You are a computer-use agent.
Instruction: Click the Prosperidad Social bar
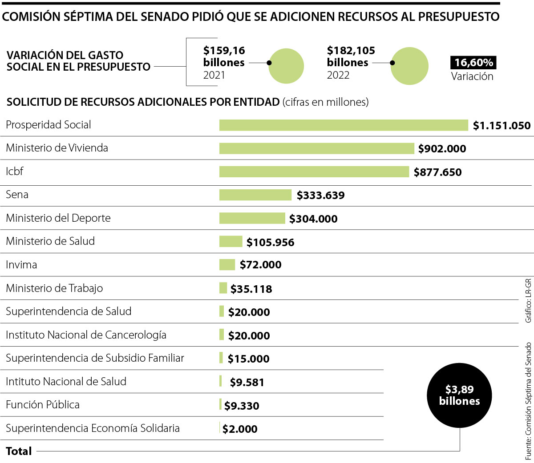coord(344,125)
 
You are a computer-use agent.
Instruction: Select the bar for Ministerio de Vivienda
coord(316,148)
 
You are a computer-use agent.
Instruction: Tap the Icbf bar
coord(314,172)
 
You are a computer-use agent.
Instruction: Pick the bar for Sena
coord(255,195)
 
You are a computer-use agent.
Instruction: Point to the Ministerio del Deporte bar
coord(252,218)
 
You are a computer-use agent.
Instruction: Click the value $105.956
coord(270,242)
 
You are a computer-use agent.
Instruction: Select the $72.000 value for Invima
coord(260,265)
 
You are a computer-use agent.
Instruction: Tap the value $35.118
coord(251,289)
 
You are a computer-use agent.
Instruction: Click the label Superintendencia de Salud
coord(69,311)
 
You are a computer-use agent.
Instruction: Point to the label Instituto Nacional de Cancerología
coord(86,335)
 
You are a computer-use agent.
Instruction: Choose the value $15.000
coord(248,359)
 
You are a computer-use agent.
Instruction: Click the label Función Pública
coord(43,405)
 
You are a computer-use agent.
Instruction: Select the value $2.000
coord(240,429)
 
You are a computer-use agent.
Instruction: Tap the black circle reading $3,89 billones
coord(459,395)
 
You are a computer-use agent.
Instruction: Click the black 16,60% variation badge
coord(473,63)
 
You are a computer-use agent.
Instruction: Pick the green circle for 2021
coord(286,66)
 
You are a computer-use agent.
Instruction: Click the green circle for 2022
coord(409,66)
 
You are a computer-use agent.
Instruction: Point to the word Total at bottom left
coord(19,451)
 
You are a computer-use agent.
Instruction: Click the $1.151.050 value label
coord(502,126)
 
